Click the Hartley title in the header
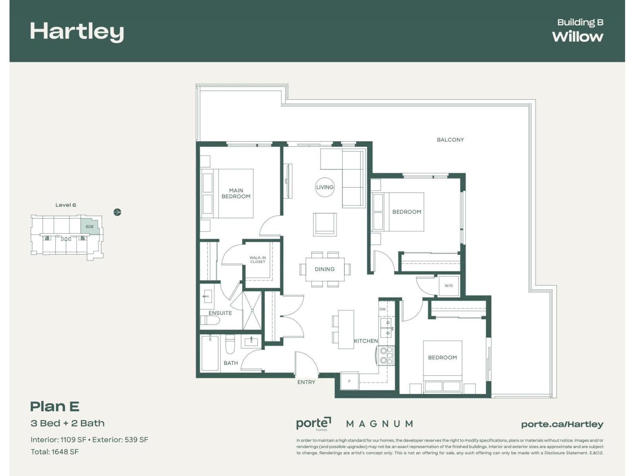[x=77, y=32]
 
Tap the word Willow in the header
[x=577, y=36]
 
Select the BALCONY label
[x=450, y=140]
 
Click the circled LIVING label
[x=325, y=187]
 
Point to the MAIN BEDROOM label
[x=236, y=194]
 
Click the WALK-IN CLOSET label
[x=258, y=260]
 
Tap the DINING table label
[x=325, y=269]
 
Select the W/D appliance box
[x=448, y=286]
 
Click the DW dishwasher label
[x=382, y=309]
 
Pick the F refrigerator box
[x=349, y=381]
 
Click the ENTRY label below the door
[x=306, y=382]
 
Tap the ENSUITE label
[x=220, y=313]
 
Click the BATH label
[x=231, y=363]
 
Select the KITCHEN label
[x=366, y=341]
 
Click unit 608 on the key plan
[x=90, y=227]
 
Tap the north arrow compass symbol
[x=117, y=212]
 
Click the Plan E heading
[x=55, y=407]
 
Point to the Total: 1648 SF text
[x=54, y=452]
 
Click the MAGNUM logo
[x=379, y=424]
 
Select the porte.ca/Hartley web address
[x=562, y=424]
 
